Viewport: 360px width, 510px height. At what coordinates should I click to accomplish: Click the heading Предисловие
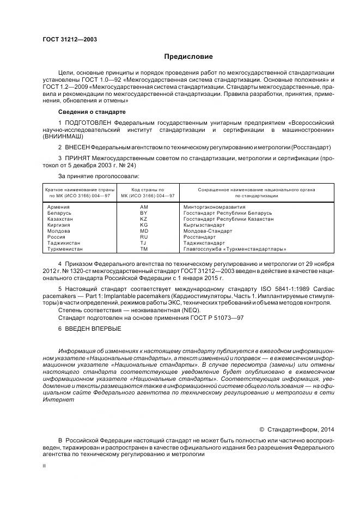click(188, 56)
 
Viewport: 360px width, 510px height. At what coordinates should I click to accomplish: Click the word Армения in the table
click(58, 207)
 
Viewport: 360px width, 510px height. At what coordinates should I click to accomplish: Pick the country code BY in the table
click(144, 212)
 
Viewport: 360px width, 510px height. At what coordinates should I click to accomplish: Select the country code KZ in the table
click(144, 218)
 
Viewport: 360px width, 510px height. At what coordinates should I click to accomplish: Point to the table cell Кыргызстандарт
click(204, 224)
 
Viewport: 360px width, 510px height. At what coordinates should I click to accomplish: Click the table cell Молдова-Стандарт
click(208, 230)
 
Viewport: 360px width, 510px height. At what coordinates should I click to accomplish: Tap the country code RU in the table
click(144, 236)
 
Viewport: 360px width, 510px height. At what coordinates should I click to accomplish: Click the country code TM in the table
click(144, 248)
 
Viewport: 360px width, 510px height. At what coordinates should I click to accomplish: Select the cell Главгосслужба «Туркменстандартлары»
click(235, 248)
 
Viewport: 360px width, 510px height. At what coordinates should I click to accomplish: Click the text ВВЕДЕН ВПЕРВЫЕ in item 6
click(90, 329)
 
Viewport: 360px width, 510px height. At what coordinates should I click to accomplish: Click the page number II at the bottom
click(44, 466)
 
